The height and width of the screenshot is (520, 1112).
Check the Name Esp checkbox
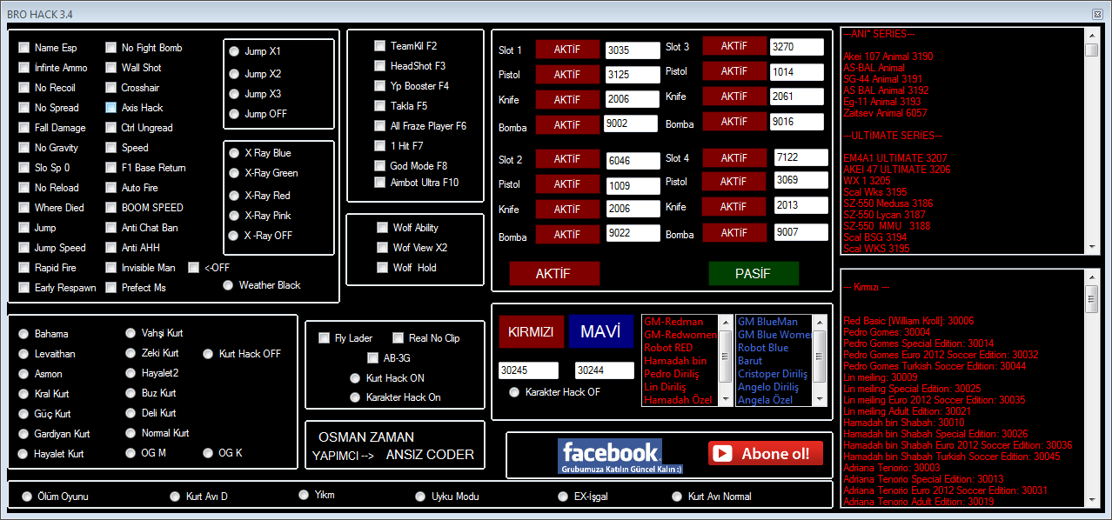tap(23, 48)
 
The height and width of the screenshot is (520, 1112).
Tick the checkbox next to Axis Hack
tap(111, 108)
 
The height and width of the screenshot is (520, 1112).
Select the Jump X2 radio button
tap(234, 74)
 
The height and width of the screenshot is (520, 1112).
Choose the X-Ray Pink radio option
tap(234, 216)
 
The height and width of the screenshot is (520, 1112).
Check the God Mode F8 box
tap(379, 166)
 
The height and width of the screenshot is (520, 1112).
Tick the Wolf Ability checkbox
tap(382, 228)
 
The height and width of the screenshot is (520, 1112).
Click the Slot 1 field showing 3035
tap(633, 50)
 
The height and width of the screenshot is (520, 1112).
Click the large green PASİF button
tap(754, 273)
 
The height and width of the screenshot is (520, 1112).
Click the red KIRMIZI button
tap(531, 331)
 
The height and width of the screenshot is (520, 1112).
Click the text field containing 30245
tap(528, 370)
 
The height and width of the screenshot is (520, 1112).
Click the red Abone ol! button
tap(765, 453)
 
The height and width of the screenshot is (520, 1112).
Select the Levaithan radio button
tap(23, 354)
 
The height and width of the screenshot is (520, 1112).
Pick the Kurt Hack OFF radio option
tap(208, 354)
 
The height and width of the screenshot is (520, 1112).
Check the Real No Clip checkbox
tap(399, 338)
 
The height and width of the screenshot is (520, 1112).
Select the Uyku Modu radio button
tap(420, 497)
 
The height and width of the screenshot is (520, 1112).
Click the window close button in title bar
tap(1097, 15)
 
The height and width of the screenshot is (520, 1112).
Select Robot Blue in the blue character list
tap(763, 348)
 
